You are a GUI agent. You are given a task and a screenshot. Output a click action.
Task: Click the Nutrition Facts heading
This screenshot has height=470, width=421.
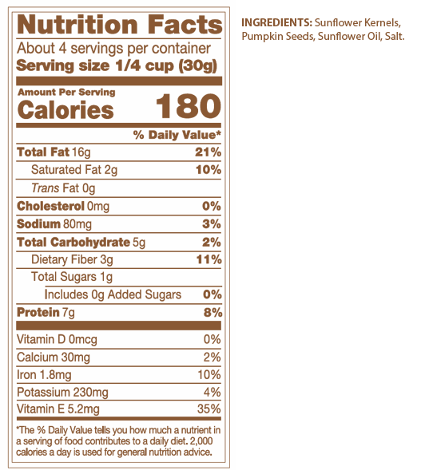[x=120, y=25]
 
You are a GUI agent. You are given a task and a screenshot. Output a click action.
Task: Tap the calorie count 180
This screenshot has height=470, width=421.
[x=189, y=106]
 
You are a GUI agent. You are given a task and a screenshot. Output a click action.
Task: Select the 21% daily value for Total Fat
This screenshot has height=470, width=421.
[x=208, y=152]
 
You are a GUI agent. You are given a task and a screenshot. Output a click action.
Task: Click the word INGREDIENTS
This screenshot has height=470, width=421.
[x=276, y=22]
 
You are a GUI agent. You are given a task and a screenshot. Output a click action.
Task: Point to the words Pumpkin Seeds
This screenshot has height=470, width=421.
[x=278, y=36]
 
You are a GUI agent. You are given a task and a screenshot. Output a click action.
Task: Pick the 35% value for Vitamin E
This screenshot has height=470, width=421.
[x=209, y=409]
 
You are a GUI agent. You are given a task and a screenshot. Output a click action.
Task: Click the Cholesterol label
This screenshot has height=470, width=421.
[x=50, y=206]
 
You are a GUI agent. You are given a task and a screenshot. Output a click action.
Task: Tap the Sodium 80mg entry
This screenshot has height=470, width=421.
[x=54, y=224]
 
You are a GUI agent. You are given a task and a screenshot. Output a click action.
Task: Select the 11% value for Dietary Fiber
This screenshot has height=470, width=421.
[x=209, y=259]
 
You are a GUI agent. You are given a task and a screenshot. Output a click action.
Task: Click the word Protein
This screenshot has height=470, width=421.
[x=38, y=312]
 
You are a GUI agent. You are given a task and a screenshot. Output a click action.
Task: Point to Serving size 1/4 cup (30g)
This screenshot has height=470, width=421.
[x=117, y=65]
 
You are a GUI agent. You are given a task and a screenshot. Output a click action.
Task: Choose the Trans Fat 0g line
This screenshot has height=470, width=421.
[x=63, y=188]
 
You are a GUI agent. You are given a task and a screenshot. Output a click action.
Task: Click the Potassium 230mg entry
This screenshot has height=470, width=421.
[x=62, y=393]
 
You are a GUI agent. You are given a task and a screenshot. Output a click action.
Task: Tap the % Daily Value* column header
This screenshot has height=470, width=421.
[x=177, y=135]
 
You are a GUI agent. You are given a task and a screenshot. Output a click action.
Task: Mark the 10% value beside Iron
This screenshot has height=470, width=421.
[x=209, y=375]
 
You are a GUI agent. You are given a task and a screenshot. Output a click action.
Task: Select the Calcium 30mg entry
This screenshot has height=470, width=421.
[x=54, y=357]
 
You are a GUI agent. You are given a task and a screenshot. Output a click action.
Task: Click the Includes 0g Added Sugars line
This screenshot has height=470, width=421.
[x=113, y=294]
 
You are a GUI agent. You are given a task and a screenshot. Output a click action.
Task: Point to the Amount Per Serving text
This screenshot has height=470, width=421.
[x=66, y=92]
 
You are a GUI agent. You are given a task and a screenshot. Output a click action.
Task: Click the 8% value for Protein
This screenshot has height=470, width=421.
[x=212, y=312]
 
